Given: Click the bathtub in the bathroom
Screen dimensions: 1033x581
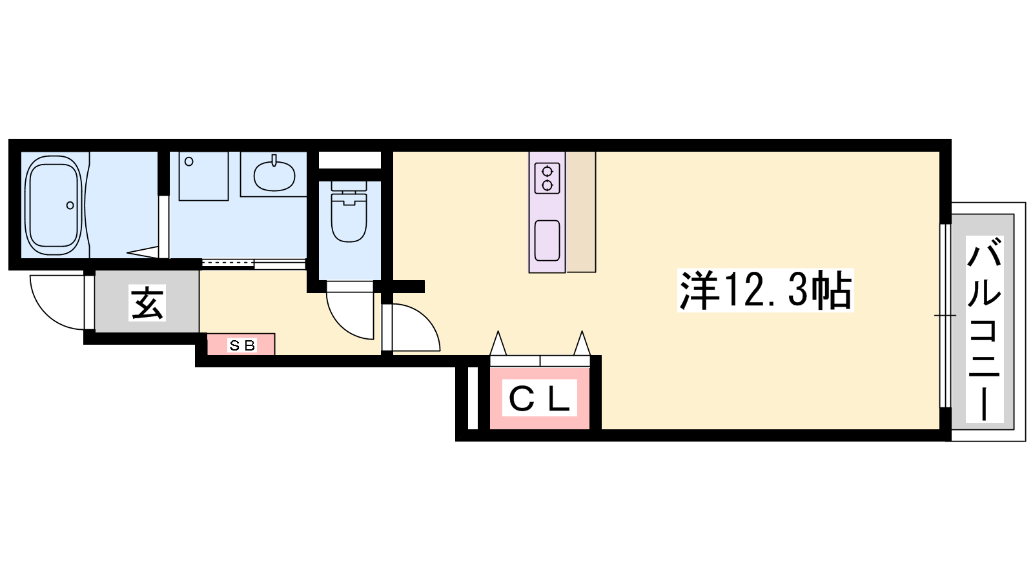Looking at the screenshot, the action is click(54, 205).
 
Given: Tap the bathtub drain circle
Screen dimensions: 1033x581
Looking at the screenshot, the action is click(70, 205).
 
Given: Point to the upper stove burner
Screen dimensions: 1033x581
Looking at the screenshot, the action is click(547, 172).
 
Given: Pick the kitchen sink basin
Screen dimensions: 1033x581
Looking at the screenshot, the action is click(547, 240).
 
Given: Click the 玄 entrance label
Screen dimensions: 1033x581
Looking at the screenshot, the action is click(147, 303).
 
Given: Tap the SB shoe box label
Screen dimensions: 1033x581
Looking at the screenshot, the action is click(241, 345).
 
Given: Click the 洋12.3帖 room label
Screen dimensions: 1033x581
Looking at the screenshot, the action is click(766, 290).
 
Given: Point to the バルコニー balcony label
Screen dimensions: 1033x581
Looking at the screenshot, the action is click(985, 329).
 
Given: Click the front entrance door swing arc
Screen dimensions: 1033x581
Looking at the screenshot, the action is click(46, 314).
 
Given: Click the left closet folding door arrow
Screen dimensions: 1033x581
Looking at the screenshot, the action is click(498, 343).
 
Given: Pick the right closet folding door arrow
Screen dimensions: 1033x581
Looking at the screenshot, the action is click(582, 343).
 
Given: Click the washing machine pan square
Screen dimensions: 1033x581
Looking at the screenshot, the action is click(204, 176).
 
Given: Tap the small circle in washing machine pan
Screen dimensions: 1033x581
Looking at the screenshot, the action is click(189, 161).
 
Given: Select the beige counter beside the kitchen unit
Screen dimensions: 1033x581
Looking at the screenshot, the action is click(580, 212).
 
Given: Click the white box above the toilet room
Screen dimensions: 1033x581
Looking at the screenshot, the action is click(350, 161).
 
